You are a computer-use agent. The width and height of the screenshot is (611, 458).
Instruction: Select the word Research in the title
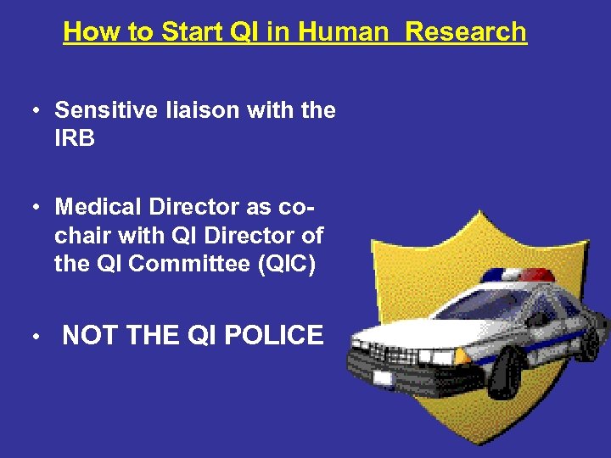(x=466, y=32)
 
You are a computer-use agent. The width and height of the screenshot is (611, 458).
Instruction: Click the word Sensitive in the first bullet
(x=105, y=110)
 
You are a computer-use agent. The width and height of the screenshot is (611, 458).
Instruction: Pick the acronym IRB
(x=75, y=138)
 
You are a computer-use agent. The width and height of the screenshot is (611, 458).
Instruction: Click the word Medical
(x=103, y=206)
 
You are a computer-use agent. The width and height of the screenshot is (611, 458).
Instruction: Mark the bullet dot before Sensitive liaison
(x=36, y=111)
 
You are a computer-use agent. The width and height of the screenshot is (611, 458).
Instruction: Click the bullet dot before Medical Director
(x=36, y=207)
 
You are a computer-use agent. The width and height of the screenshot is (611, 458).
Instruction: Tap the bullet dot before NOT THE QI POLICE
(x=36, y=337)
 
